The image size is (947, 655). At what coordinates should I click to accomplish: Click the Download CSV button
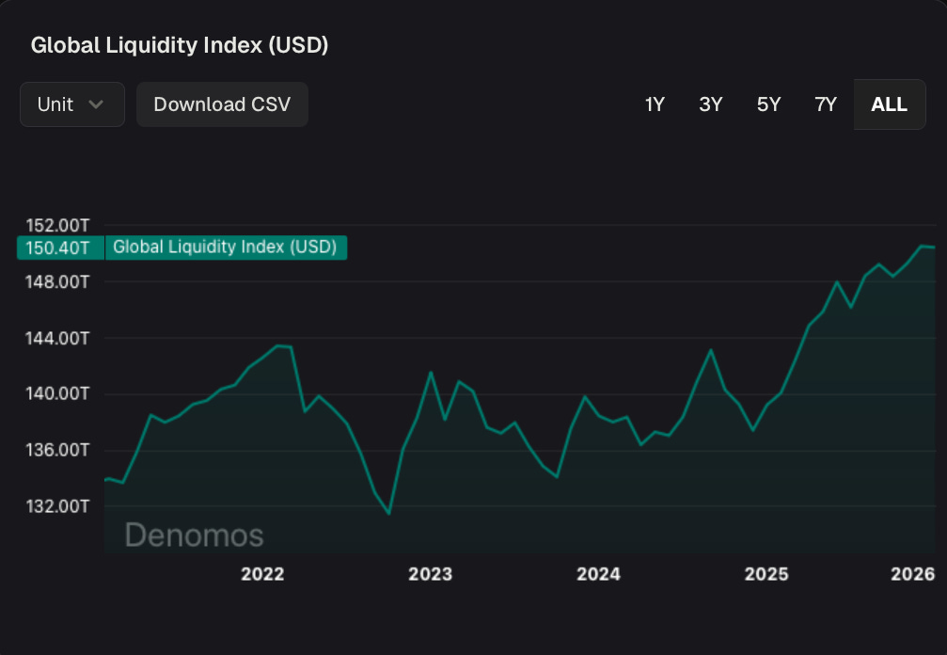[222, 104]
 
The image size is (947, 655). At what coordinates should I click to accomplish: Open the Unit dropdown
[71, 104]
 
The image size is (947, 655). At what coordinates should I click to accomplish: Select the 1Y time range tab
[655, 104]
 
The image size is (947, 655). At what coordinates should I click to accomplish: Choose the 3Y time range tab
[711, 104]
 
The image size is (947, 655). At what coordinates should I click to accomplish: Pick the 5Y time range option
[768, 104]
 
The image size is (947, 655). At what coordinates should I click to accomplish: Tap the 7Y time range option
[826, 104]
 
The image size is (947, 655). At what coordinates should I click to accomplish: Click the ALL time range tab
[889, 104]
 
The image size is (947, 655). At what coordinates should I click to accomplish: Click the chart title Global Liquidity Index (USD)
[180, 45]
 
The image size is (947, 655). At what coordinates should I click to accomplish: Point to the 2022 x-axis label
[262, 574]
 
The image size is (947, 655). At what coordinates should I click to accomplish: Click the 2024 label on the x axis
[598, 574]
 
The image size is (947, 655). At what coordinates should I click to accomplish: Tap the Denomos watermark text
[194, 535]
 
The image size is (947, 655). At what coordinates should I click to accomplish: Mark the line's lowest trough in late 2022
[388, 514]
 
